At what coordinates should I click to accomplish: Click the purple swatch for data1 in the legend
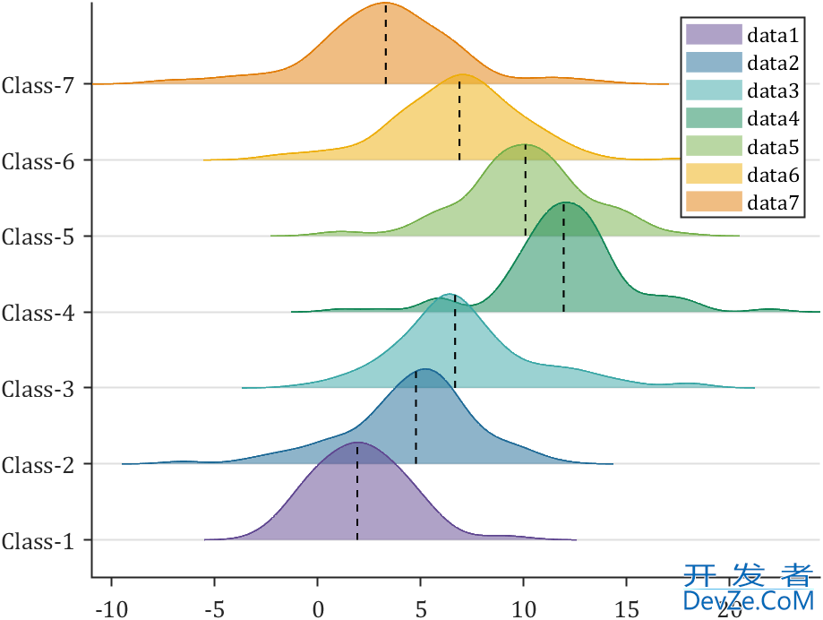714,35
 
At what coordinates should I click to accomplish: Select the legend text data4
773,118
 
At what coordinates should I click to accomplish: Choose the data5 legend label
773,146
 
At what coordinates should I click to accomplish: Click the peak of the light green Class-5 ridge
526,144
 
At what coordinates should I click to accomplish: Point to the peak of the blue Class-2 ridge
424,369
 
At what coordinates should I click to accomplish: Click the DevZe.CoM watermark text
748,599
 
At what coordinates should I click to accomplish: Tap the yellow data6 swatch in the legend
714,174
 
